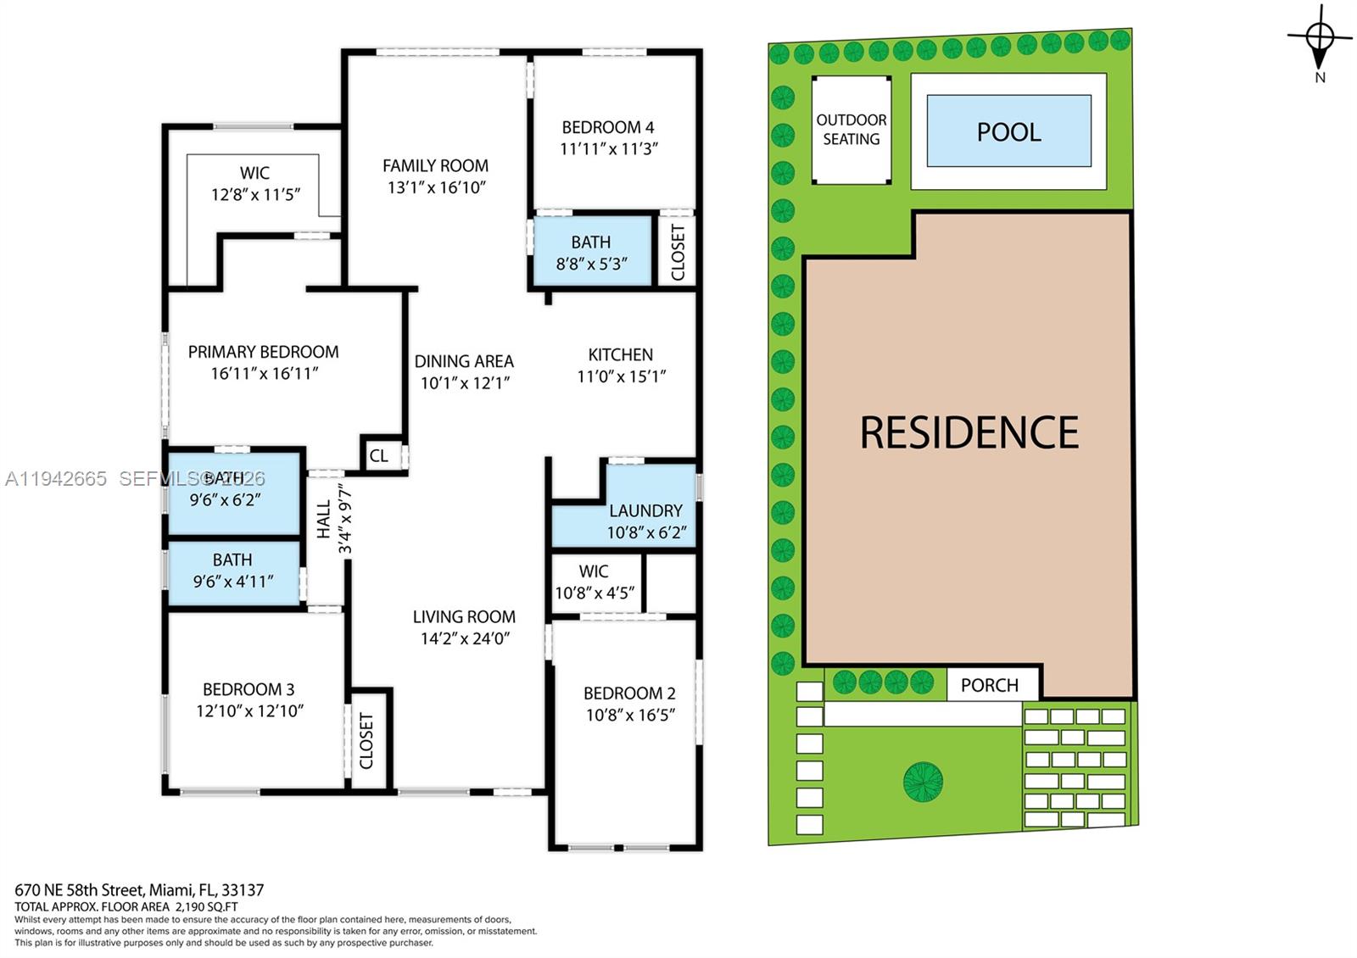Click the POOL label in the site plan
click(1008, 132)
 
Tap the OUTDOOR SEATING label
click(852, 130)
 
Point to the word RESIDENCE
click(969, 432)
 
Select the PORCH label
click(989, 686)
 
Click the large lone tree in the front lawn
click(923, 781)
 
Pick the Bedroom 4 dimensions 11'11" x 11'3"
click(608, 149)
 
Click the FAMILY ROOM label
click(435, 165)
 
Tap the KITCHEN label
click(620, 354)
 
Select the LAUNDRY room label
click(645, 510)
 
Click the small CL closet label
click(378, 455)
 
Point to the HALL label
click(324, 519)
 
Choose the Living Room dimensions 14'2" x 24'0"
click(466, 638)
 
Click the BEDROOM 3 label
click(249, 689)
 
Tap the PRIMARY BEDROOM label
click(263, 352)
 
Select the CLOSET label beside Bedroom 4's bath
click(678, 253)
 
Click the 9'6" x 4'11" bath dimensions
click(233, 582)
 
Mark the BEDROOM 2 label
click(628, 693)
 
